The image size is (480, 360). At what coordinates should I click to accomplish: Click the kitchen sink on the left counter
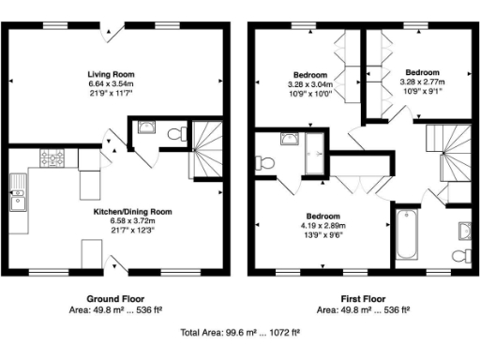pyautogui.click(x=17, y=197)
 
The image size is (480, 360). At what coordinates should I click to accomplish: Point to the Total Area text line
pyautogui.click(x=240, y=333)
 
